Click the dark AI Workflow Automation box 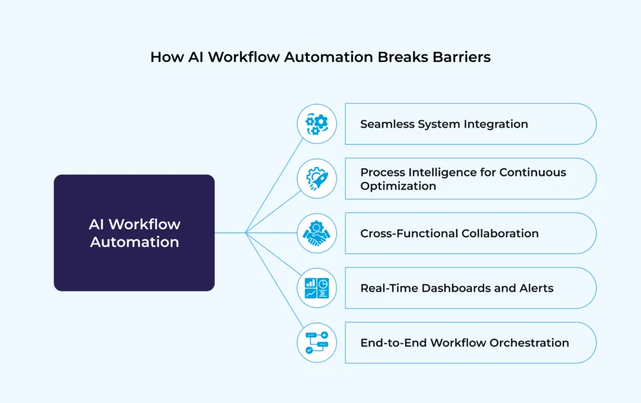point(134,233)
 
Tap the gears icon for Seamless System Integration point(317,124)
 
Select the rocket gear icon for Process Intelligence point(317,178)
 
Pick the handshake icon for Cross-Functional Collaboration point(317,233)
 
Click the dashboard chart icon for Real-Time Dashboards point(317,288)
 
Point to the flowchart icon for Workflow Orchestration point(317,342)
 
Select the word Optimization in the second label point(398,186)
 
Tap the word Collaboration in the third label point(500,233)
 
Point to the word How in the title point(165,57)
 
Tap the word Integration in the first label point(496,124)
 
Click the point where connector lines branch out point(246,233)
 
